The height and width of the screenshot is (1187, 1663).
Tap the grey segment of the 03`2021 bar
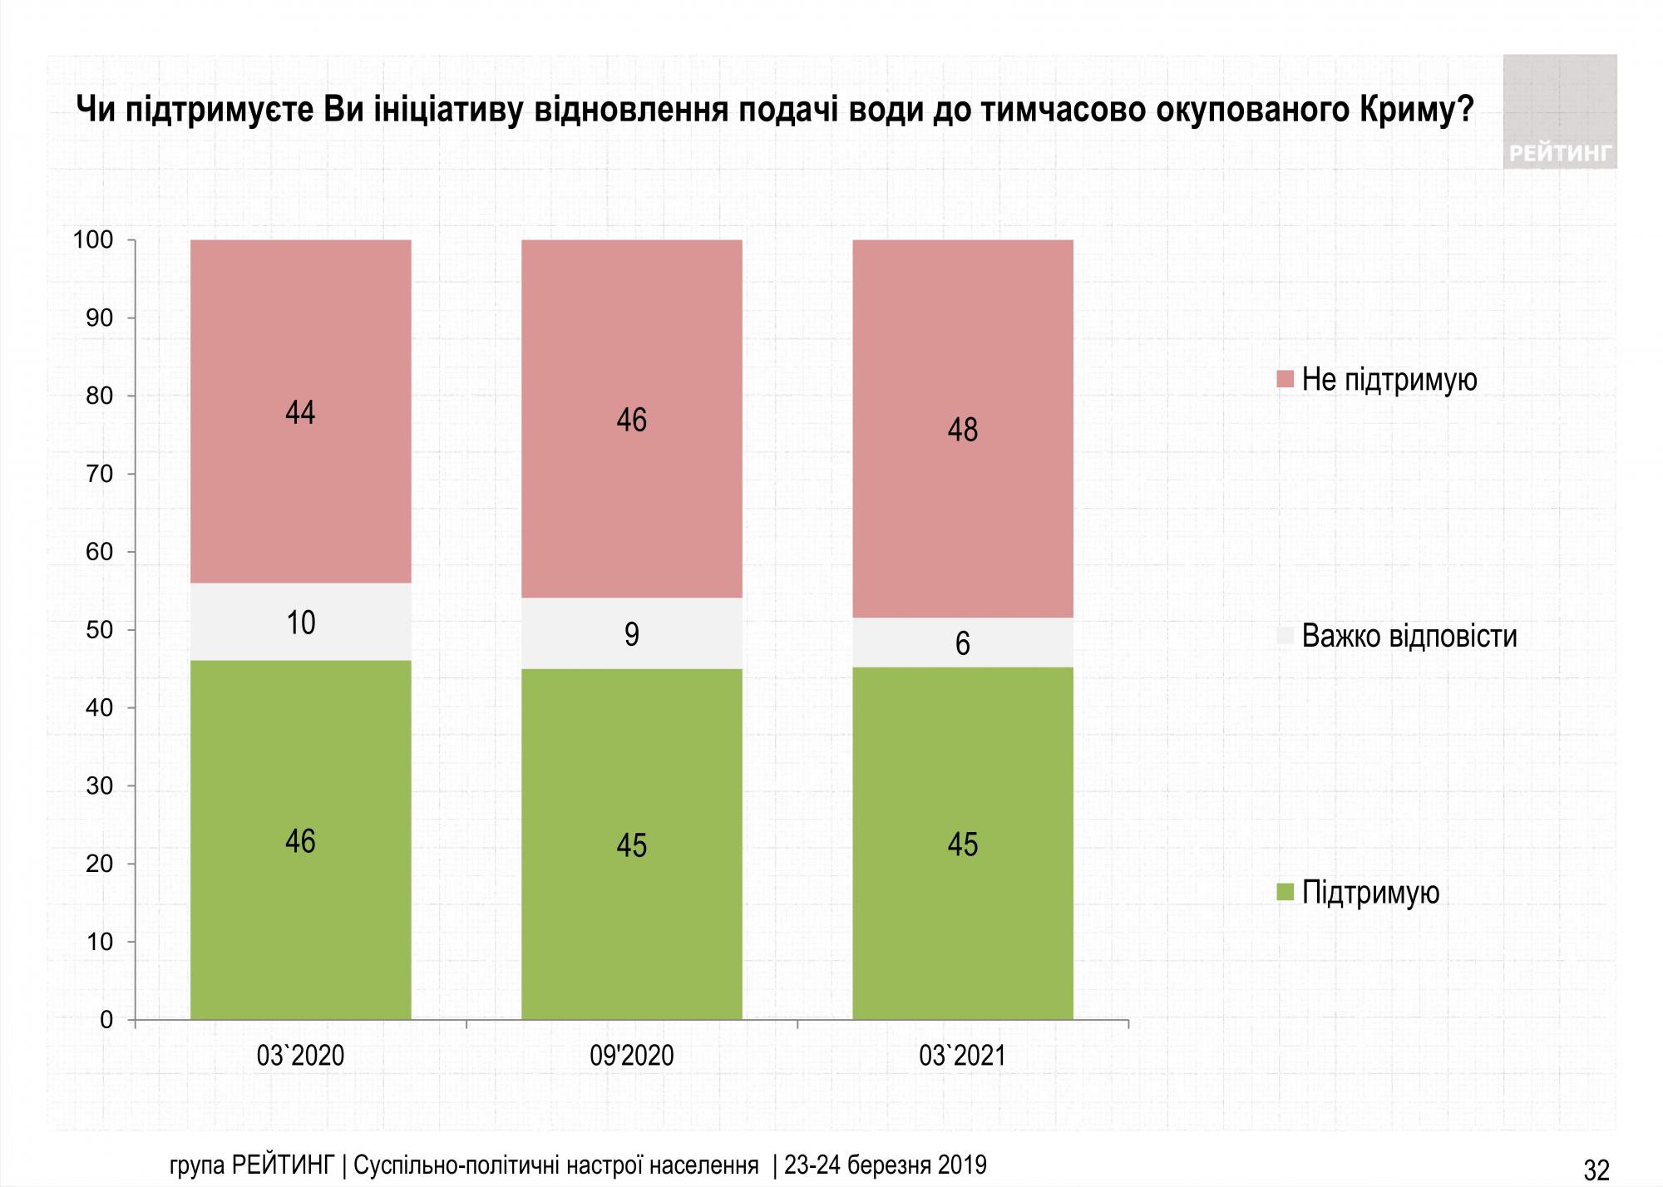point(962,642)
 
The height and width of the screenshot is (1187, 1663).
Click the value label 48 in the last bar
point(962,430)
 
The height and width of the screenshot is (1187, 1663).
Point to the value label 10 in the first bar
point(300,623)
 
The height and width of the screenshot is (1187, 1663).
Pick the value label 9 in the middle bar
point(631,635)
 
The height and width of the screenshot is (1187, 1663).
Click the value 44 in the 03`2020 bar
point(300,412)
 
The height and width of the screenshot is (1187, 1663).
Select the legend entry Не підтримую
point(1389,380)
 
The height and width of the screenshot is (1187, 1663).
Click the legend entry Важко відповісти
point(1409,637)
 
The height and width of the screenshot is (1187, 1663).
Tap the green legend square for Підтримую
point(1285,893)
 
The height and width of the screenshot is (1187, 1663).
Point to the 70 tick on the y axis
point(100,474)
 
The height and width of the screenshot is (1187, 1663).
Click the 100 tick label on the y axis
point(93,240)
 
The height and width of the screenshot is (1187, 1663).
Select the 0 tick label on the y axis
point(106,1020)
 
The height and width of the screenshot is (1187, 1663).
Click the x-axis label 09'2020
point(631,1056)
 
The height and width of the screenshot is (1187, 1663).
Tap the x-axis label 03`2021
point(962,1056)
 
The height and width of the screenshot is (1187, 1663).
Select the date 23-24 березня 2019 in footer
point(885,1165)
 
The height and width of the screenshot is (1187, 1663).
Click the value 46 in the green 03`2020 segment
point(300,841)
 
